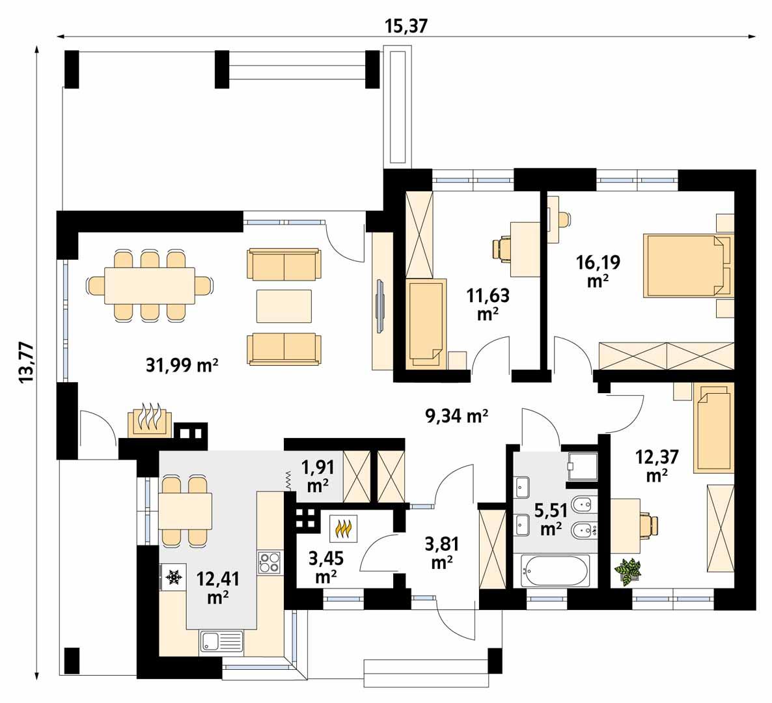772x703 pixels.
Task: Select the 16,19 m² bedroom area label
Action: click(x=598, y=271)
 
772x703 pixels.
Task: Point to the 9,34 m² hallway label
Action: click(x=457, y=415)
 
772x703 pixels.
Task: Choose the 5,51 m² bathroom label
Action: click(x=550, y=517)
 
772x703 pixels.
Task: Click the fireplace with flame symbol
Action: click(x=150, y=422)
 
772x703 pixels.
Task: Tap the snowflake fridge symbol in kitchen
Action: click(x=173, y=577)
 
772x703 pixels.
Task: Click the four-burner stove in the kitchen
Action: click(x=269, y=562)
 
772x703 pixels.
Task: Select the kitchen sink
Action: click(x=221, y=641)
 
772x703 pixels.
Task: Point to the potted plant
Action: click(x=628, y=570)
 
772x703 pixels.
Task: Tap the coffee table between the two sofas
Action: click(x=284, y=306)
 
